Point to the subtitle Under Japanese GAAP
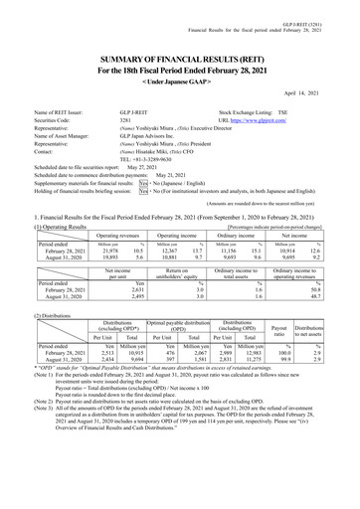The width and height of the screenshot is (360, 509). point(179,67)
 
